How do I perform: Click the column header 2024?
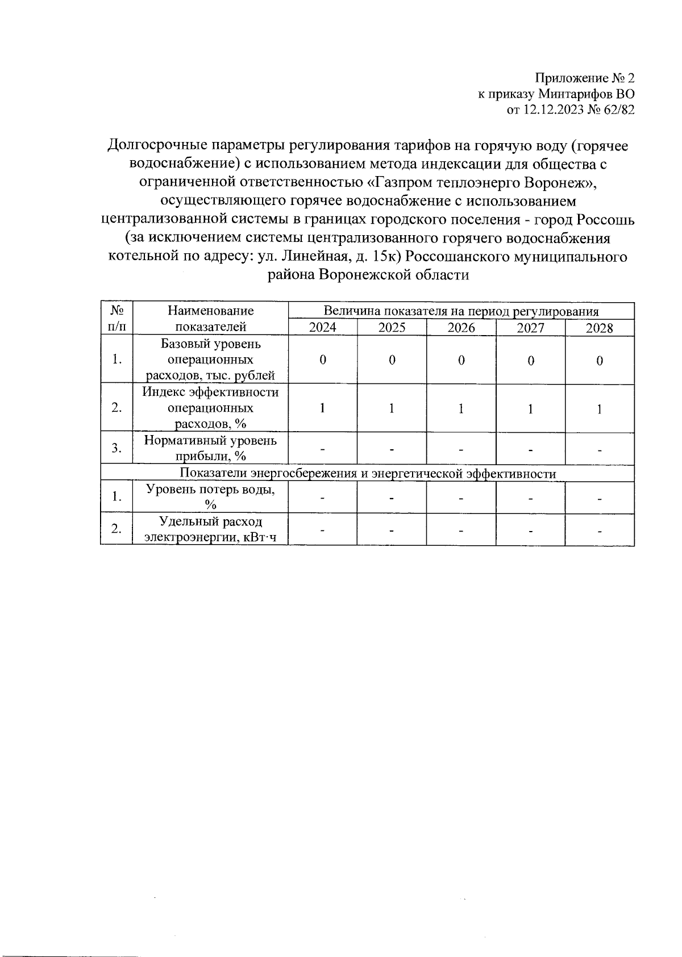322,327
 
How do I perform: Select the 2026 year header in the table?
461,327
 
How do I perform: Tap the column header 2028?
600,327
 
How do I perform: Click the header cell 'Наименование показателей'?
210,319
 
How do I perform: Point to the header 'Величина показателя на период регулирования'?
461,311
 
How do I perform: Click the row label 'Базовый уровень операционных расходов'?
210,360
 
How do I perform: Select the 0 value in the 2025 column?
392,360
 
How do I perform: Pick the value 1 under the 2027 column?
530,408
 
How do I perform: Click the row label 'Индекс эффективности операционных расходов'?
210,408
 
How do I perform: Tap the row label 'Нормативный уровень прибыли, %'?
210,448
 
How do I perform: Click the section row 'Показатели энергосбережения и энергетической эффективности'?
367,474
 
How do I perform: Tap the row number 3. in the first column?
117,448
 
